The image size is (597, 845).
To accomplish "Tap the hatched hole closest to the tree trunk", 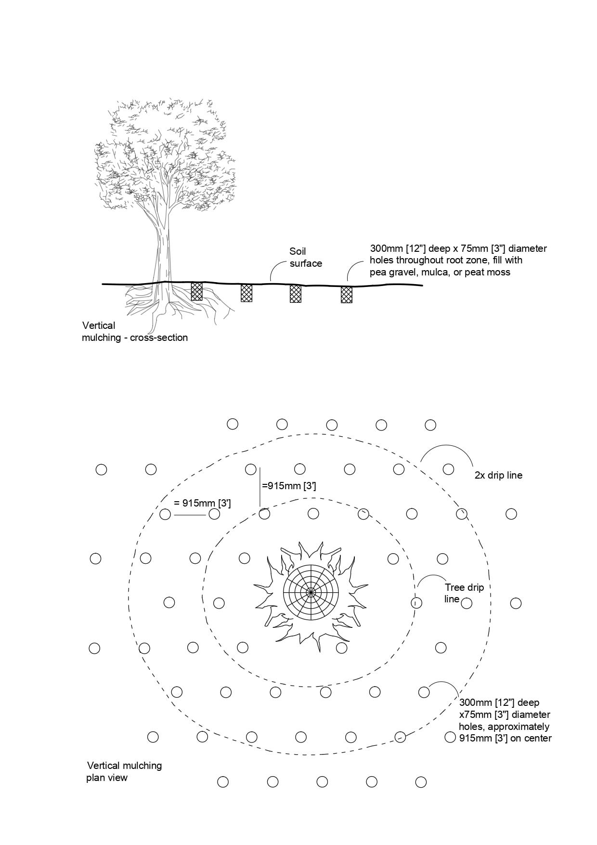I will tap(196, 292).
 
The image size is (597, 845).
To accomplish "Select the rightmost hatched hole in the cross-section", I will tap(347, 294).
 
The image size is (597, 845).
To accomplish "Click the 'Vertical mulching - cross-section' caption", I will tap(134, 332).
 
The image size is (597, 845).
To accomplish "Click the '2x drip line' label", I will tap(498, 476).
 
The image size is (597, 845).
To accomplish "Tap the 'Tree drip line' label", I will tap(464, 593).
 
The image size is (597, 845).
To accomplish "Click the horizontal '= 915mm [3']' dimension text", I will tap(202, 504).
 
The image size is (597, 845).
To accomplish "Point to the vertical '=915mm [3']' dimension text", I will tap(289, 486).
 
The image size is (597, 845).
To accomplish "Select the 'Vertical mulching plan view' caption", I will tap(124, 771).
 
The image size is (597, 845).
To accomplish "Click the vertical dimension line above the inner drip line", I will tap(260, 486).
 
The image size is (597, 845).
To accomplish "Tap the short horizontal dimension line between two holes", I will tap(190, 515).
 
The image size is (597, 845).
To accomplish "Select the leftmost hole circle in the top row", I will tap(233, 424).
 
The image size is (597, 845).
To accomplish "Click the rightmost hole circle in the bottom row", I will tap(421, 782).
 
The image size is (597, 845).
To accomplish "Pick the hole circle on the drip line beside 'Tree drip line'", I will tap(416, 602).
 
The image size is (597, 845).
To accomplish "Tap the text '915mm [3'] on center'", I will tap(506, 738).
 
